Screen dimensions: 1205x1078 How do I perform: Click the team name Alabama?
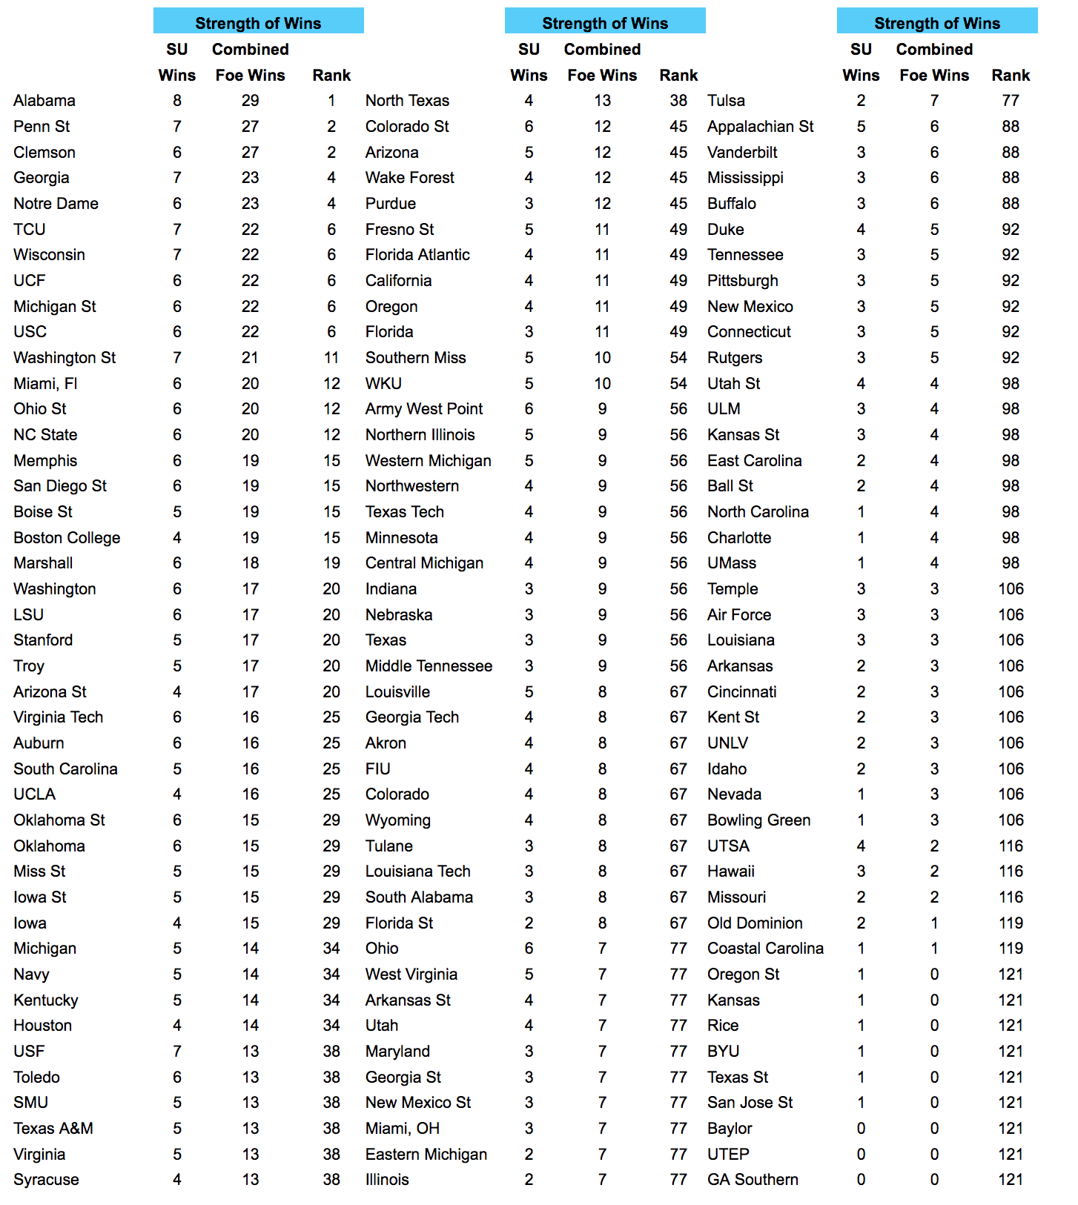pyautogui.click(x=44, y=101)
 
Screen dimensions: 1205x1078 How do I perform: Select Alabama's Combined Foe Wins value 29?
pyautogui.click(x=250, y=101)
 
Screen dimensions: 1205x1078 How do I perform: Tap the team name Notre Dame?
pyautogui.click(x=56, y=204)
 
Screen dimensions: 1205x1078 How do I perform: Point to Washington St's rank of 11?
pyautogui.click(x=331, y=358)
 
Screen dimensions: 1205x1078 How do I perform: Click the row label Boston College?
pyautogui.click(x=67, y=538)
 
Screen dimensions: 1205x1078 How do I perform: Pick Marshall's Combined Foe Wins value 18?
pyautogui.click(x=250, y=563)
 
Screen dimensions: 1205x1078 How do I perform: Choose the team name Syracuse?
pyautogui.click(x=46, y=1180)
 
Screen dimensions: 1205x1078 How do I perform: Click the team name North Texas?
pyautogui.click(x=407, y=101)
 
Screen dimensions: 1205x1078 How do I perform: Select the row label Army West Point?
pyautogui.click(x=423, y=409)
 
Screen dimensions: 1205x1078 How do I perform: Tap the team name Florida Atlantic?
pyautogui.click(x=417, y=255)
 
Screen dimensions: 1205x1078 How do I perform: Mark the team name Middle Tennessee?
pyautogui.click(x=429, y=666)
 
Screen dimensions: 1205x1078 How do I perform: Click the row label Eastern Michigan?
pyautogui.click(x=426, y=1155)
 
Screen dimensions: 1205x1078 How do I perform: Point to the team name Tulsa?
pyautogui.click(x=726, y=101)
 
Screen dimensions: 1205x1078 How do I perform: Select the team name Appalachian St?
pyautogui.click(x=760, y=127)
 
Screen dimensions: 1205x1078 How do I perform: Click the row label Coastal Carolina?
pyautogui.click(x=765, y=949)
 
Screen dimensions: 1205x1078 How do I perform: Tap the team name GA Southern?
pyautogui.click(x=753, y=1180)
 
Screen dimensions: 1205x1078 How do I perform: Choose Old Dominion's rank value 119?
pyautogui.click(x=1011, y=923)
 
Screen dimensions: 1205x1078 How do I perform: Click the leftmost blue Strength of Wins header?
pyautogui.click(x=258, y=21)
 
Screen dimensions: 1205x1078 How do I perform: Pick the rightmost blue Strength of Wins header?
pyautogui.click(x=937, y=21)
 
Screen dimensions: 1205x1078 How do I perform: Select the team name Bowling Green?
pyautogui.click(x=758, y=820)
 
